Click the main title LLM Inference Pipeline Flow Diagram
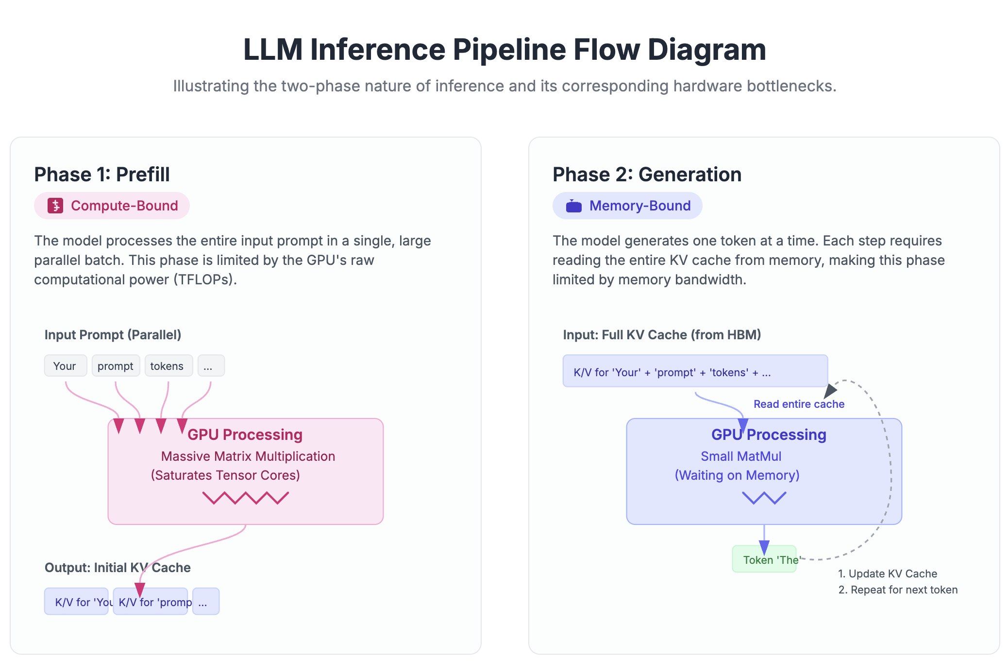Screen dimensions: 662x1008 coord(504,50)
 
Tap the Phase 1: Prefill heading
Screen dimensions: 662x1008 coord(102,174)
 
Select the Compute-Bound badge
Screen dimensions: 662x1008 coord(112,206)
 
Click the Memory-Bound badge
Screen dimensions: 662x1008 coord(627,206)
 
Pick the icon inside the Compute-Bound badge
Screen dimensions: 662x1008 coord(55,206)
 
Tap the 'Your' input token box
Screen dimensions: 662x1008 coord(65,366)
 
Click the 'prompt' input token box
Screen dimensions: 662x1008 coord(116,366)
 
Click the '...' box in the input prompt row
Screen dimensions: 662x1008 coord(211,366)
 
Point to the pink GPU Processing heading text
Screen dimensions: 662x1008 coord(245,435)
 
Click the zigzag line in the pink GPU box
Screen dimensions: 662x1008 coord(245,498)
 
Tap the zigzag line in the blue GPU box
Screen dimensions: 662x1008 coord(764,498)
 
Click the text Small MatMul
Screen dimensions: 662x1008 coord(740,456)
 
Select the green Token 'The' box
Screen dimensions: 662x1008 coord(764,559)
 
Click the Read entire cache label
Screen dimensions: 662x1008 coord(799,404)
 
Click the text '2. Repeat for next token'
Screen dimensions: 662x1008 coord(898,590)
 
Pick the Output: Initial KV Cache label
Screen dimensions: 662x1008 coord(118,568)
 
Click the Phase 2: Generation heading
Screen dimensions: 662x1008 coord(647,174)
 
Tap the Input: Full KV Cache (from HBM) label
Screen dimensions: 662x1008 coord(661,335)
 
